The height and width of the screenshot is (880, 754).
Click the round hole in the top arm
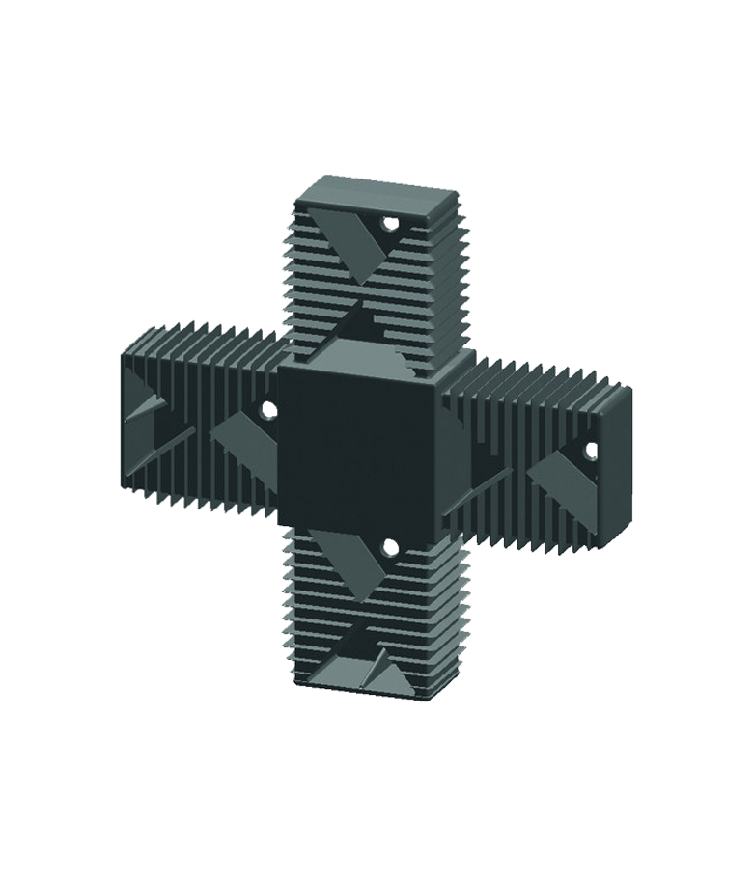[390, 225]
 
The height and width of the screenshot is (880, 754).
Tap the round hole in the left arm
[269, 410]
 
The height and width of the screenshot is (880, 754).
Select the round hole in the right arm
[592, 450]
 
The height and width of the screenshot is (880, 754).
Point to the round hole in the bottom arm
[389, 547]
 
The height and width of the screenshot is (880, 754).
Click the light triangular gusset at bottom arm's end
[352, 670]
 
